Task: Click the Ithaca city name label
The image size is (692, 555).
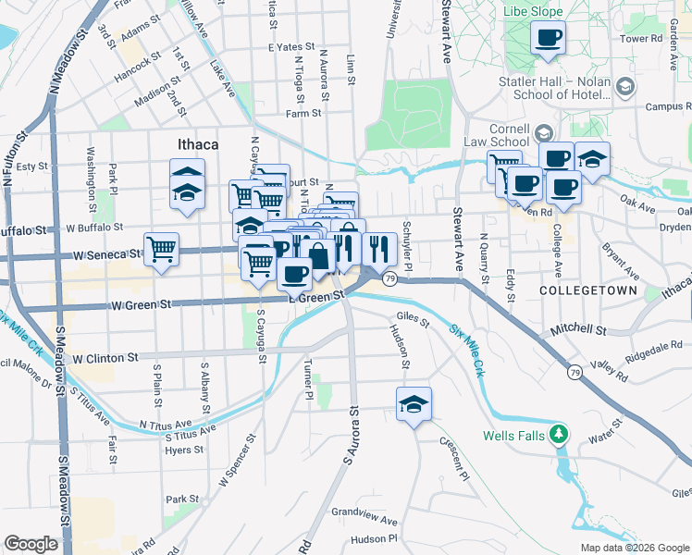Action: pyautogui.click(x=197, y=144)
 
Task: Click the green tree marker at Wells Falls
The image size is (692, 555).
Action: pyautogui.click(x=557, y=433)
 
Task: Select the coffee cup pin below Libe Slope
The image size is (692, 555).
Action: pyautogui.click(x=548, y=39)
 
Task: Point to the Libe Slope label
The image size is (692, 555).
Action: pyautogui.click(x=534, y=12)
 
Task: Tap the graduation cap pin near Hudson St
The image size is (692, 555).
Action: pyautogui.click(x=414, y=403)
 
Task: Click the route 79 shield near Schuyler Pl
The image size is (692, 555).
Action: pyautogui.click(x=391, y=279)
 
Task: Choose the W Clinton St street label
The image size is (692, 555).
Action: pyautogui.click(x=105, y=357)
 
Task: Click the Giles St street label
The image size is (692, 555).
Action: pyautogui.click(x=413, y=322)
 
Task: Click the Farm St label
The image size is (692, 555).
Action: pyautogui.click(x=303, y=114)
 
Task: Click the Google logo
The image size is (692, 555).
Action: pyautogui.click(x=31, y=545)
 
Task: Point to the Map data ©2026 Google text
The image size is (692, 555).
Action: pyautogui.click(x=635, y=548)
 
